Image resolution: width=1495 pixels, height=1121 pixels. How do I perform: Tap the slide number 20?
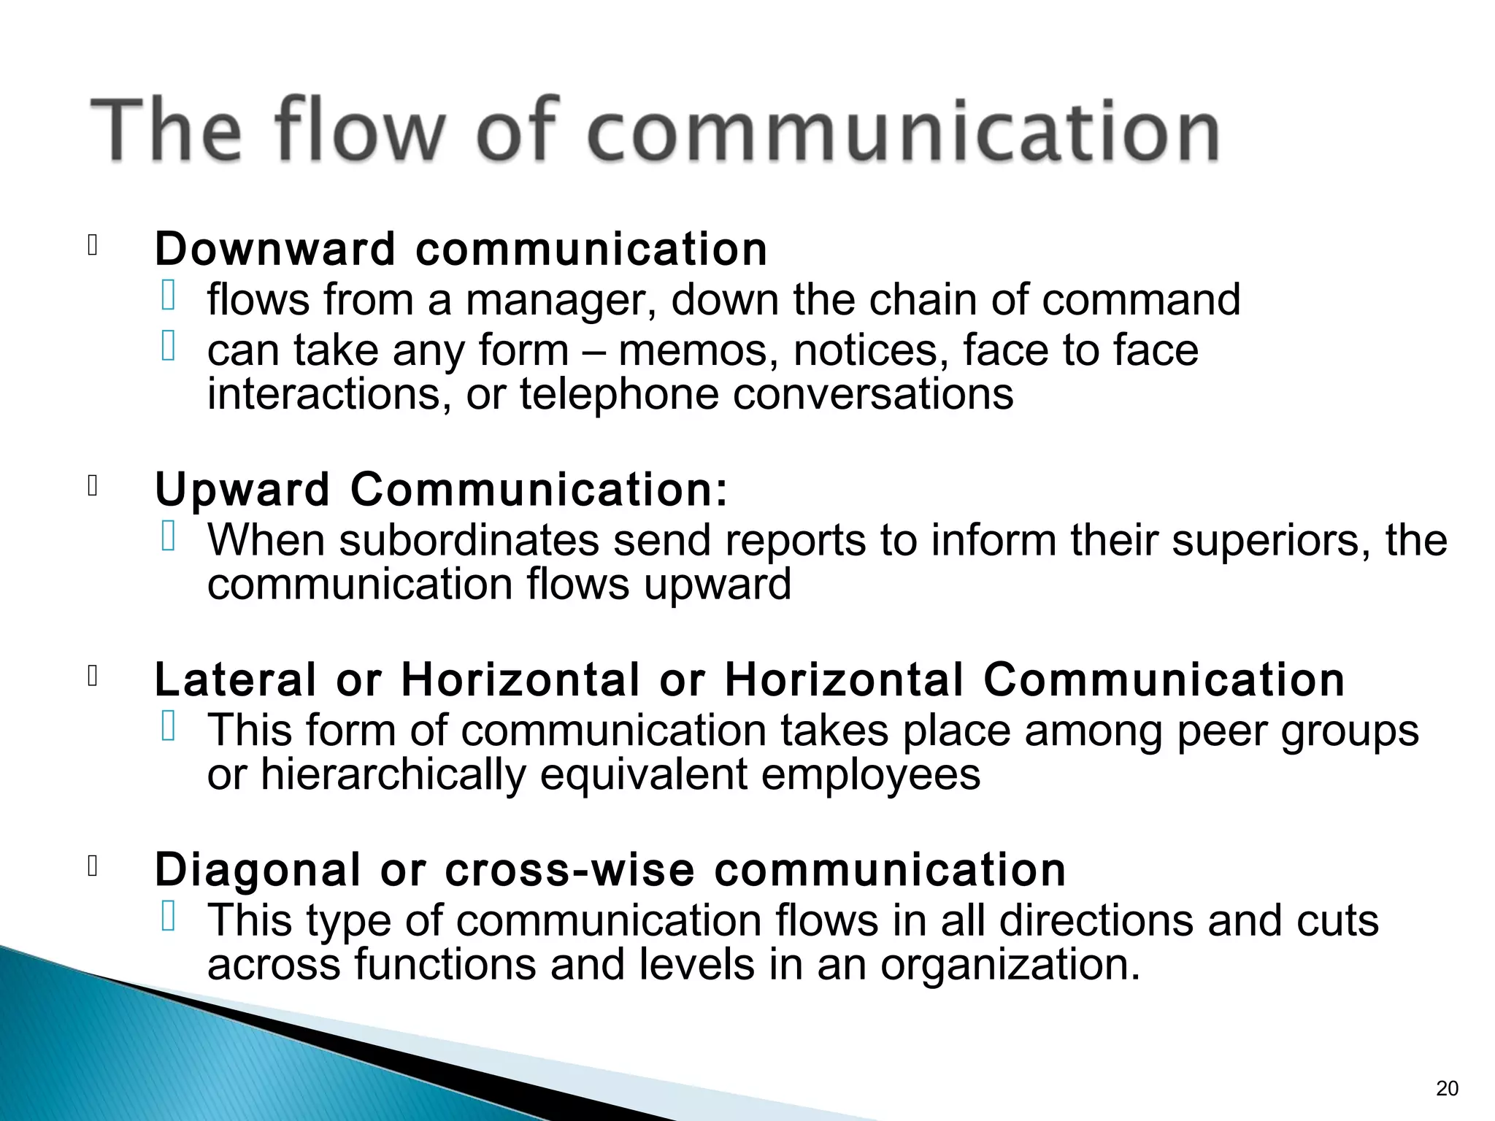(x=1447, y=1088)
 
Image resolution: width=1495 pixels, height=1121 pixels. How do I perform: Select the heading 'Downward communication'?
(x=461, y=249)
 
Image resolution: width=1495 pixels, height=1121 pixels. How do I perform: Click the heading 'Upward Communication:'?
(x=442, y=489)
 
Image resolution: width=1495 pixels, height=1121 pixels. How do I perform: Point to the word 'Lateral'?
(x=236, y=679)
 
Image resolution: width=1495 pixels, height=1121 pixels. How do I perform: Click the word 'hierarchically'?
(x=393, y=774)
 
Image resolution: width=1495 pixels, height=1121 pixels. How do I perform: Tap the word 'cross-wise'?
(x=569, y=869)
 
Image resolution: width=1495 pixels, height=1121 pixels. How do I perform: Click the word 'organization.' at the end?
(x=1010, y=964)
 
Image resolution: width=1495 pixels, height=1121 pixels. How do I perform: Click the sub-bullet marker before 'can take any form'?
(x=169, y=346)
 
